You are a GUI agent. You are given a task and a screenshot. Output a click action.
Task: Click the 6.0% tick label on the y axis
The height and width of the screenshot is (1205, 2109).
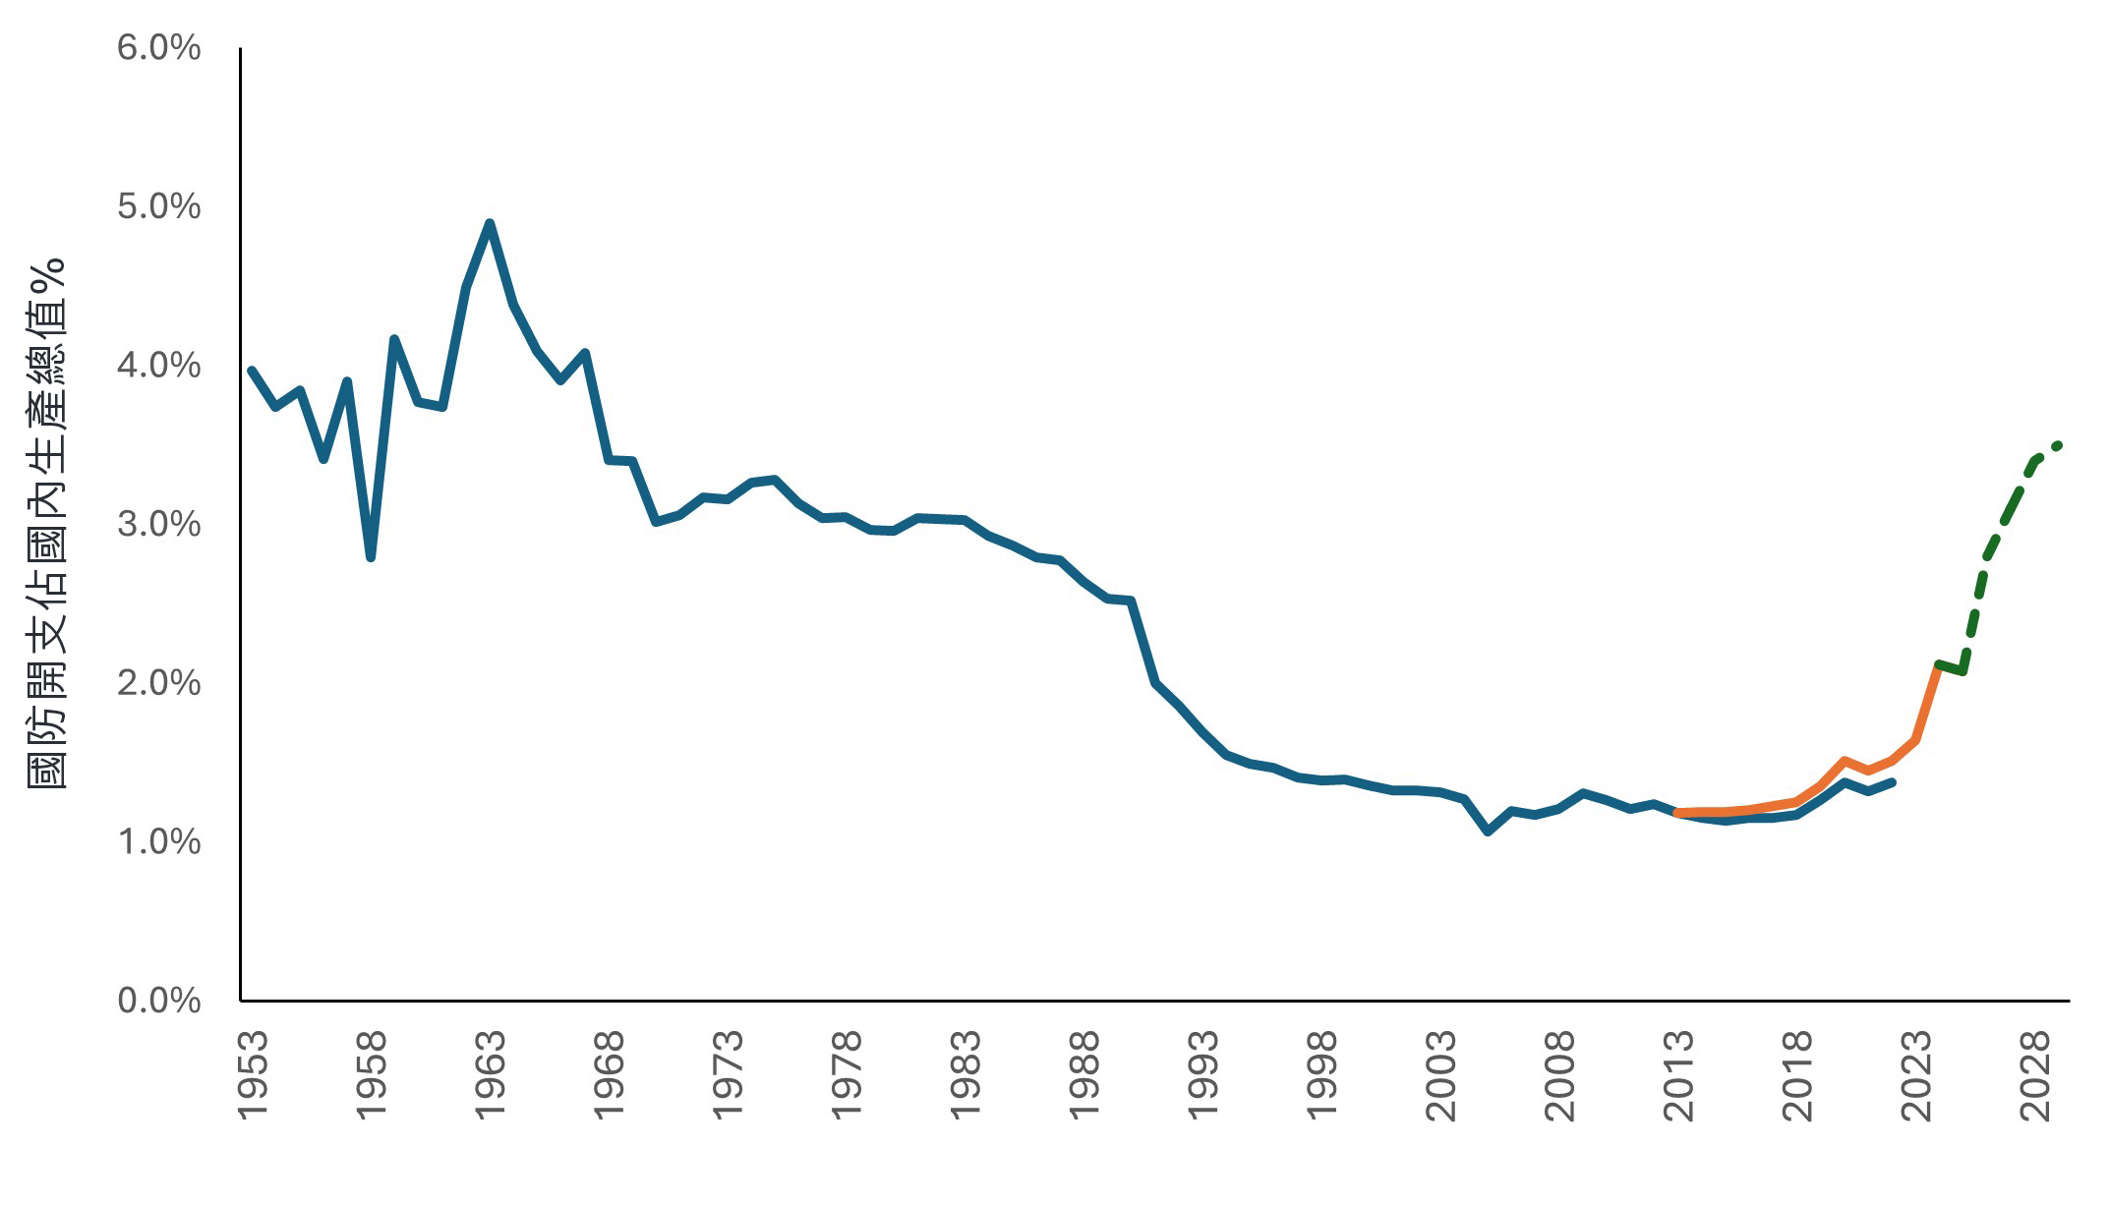click(158, 47)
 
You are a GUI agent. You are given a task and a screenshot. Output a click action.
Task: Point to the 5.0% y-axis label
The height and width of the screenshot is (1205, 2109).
click(158, 206)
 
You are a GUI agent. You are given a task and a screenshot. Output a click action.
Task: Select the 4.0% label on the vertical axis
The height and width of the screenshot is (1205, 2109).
click(158, 366)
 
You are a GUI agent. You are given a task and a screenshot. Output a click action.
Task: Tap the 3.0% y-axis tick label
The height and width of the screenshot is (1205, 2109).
click(158, 524)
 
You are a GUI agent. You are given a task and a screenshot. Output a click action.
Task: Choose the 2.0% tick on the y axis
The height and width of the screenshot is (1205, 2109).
click(158, 683)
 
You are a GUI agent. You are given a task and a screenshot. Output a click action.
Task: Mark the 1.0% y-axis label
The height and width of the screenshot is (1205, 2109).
click(158, 841)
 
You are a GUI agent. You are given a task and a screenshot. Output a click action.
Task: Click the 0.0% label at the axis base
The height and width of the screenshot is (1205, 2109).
click(158, 1001)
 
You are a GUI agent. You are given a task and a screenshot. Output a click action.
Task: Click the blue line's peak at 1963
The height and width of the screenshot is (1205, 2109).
click(490, 223)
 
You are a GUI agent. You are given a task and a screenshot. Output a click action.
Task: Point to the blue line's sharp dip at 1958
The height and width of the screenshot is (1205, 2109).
click(371, 557)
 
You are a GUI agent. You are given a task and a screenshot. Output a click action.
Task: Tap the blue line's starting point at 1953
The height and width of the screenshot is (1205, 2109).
click(252, 371)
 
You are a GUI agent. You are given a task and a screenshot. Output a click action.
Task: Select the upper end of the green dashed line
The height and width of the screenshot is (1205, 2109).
click(2058, 445)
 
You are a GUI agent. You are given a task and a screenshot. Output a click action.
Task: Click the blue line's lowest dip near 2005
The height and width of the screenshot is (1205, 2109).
click(1488, 832)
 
